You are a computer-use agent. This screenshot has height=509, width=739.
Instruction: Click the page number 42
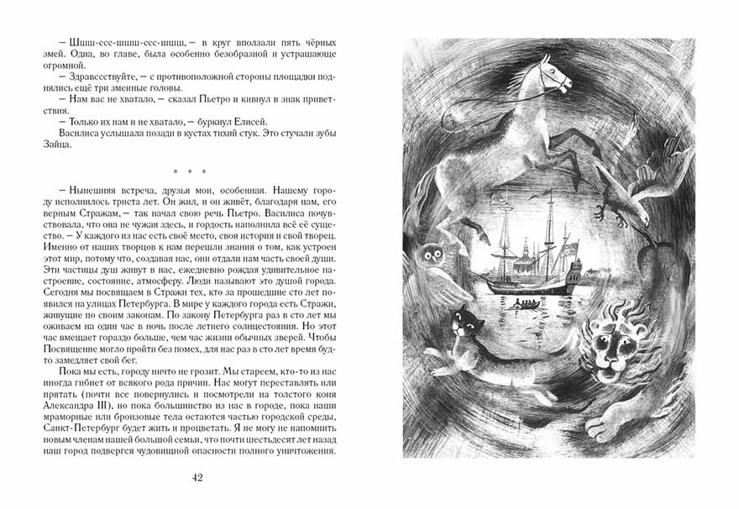197,478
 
